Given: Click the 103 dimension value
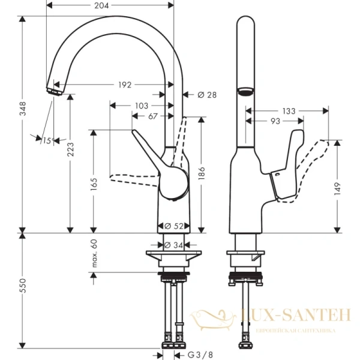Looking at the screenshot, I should point(141,106).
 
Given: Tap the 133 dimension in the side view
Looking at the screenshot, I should point(289,110).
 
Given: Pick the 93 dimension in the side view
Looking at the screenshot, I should point(275,121).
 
